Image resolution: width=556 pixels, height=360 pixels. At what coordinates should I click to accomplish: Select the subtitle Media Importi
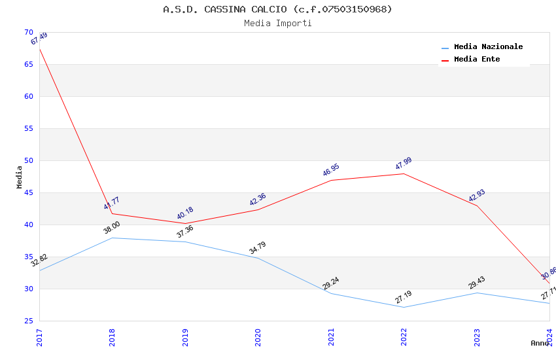[x=277, y=23]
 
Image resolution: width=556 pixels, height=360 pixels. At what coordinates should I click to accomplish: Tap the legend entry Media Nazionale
[x=488, y=46]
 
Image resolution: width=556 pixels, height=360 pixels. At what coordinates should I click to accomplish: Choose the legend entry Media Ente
[x=477, y=59]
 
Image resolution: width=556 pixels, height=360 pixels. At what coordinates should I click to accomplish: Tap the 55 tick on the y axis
[x=28, y=128]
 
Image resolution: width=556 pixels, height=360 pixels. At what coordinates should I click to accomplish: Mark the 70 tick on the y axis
[x=28, y=32]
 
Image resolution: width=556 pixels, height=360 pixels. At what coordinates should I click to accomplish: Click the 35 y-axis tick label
[x=28, y=257]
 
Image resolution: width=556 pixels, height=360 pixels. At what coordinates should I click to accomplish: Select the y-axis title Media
[x=19, y=177]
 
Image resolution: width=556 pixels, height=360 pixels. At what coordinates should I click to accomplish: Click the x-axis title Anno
[x=539, y=343]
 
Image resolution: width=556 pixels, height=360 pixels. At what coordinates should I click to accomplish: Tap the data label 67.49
[x=39, y=39]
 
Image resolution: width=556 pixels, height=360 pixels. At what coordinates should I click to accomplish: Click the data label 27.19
[x=404, y=297]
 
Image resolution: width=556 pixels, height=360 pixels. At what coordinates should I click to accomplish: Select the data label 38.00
[x=112, y=227]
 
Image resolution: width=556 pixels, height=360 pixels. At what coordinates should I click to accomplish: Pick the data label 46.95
[x=331, y=170]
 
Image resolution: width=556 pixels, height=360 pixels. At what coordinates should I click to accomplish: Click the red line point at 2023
[x=477, y=206]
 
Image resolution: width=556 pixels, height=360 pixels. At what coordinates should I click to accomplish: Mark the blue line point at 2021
[x=331, y=293]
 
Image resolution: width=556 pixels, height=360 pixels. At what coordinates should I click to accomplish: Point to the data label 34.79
[x=258, y=248]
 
